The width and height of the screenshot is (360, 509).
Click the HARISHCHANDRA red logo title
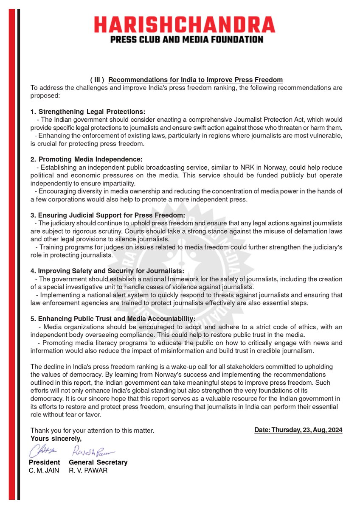[184, 25]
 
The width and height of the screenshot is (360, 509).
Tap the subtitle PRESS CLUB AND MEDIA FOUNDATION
[184, 39]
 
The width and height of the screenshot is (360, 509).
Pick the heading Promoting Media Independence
[90, 159]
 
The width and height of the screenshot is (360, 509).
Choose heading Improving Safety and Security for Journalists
[111, 271]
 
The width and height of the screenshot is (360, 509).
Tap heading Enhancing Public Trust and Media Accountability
[116, 319]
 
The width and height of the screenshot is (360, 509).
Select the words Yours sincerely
[56, 438]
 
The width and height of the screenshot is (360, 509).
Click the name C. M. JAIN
[44, 470]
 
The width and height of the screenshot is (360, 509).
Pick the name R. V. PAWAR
[88, 470]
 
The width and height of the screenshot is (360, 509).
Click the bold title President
[44, 462]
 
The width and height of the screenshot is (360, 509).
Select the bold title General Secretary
[98, 462]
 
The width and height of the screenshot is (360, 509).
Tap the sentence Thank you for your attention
[92, 430]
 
